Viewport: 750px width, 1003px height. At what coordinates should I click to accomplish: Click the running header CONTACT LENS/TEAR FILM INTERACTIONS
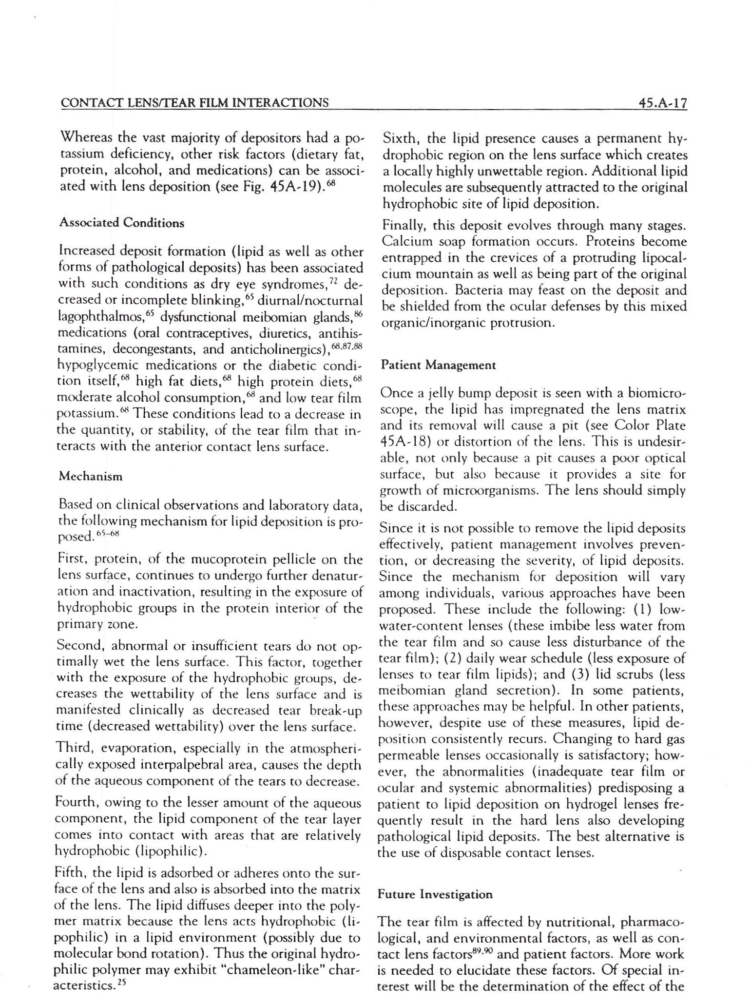coord(193,103)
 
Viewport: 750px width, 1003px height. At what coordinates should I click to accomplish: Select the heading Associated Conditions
coord(121,223)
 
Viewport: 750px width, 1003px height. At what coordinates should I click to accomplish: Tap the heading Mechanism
coord(90,476)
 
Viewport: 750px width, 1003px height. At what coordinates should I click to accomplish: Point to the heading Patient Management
coord(439,365)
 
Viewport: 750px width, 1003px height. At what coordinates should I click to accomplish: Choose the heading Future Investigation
coord(435,894)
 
